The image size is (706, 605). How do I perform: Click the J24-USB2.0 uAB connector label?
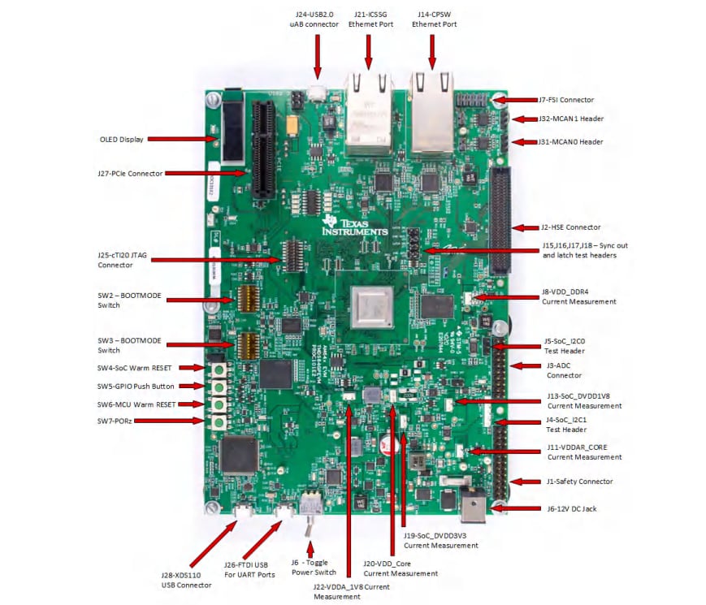(317, 19)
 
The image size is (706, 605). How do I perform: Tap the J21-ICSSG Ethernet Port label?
(370, 19)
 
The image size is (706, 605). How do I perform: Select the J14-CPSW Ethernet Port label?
(433, 19)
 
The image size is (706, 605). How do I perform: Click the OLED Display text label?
(121, 139)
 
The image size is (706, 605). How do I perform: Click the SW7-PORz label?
(119, 421)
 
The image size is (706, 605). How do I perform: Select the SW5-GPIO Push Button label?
(136, 386)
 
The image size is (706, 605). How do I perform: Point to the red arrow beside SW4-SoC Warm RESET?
(191, 368)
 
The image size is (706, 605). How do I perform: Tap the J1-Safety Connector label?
(578, 482)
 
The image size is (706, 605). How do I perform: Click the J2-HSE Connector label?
(571, 227)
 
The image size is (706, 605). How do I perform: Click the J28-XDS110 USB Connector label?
(186, 580)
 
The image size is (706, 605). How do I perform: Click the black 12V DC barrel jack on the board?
(472, 508)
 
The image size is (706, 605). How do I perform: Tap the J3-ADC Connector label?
(564, 370)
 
